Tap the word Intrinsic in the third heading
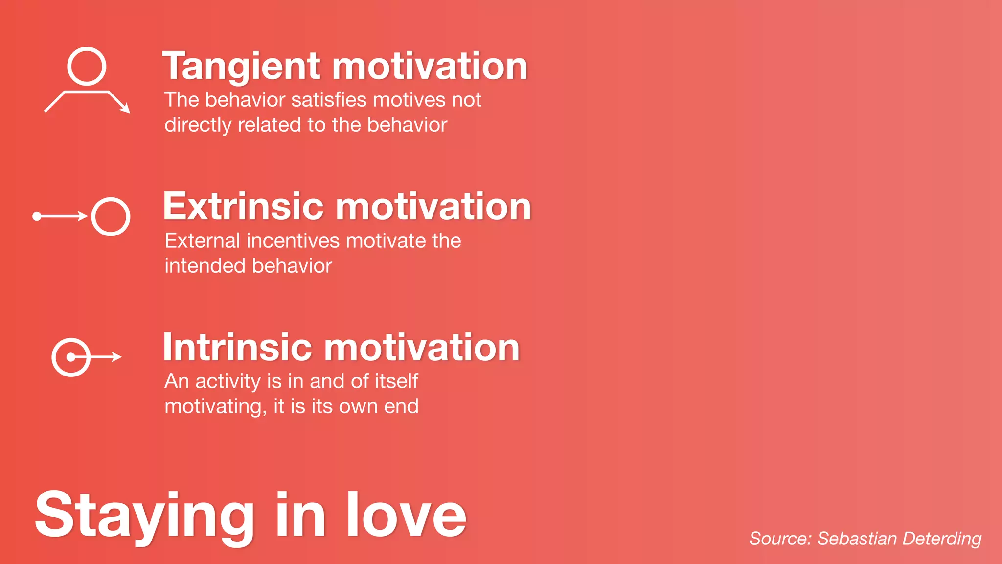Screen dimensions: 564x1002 [x=237, y=348]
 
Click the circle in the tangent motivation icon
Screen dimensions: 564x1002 [x=87, y=66]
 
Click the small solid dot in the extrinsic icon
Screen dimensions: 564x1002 [x=37, y=216]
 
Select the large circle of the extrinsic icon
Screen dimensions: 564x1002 [x=111, y=216]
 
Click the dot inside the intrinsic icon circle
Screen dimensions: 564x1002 [x=71, y=357]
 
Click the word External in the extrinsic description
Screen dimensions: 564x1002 [x=203, y=241]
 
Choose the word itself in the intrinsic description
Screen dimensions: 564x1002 [x=397, y=381]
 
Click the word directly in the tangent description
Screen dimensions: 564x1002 [x=198, y=125]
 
